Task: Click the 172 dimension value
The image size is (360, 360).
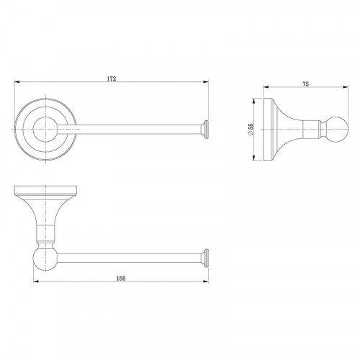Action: point(112,78)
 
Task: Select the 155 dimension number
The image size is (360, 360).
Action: point(121,278)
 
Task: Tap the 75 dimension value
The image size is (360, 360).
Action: point(305,84)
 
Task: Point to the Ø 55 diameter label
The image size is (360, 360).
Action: point(250,130)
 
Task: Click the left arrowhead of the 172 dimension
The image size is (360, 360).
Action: point(17,82)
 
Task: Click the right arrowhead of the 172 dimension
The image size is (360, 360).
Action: point(206,82)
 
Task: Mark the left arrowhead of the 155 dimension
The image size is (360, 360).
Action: point(36,282)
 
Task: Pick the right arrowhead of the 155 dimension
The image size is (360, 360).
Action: point(206,282)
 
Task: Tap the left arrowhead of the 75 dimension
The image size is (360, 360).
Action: point(266,87)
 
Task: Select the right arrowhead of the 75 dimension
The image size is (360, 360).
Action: point(346,87)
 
